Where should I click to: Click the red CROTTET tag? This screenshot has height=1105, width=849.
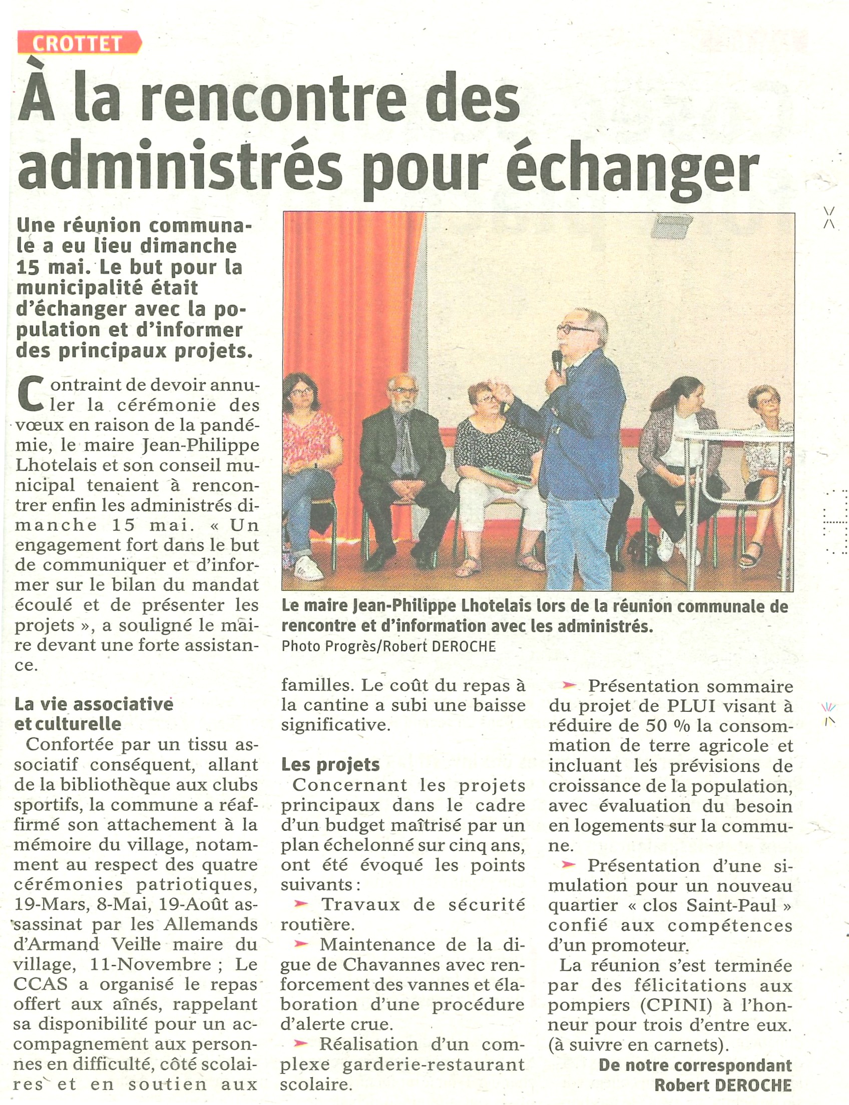coord(78,43)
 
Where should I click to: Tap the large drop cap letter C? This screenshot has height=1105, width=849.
coord(30,393)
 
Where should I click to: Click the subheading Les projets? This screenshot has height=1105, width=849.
coord(330,765)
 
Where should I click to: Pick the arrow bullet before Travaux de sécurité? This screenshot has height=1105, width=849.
coord(302,903)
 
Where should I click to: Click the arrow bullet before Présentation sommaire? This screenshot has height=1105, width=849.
coord(569,685)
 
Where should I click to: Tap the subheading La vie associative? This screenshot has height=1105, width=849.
coord(94,704)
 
